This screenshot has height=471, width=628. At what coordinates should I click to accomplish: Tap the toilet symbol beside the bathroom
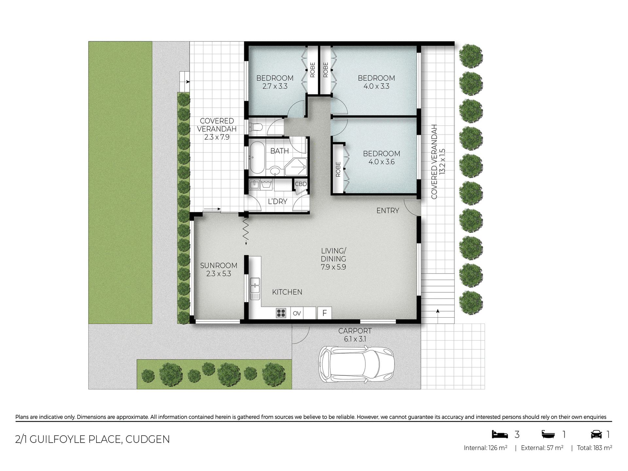tap(256, 127)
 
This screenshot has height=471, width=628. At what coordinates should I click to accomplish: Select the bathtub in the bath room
tap(257, 158)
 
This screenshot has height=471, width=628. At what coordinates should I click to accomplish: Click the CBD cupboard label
tap(301, 184)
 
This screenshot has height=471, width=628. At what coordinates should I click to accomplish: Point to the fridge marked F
tap(325, 313)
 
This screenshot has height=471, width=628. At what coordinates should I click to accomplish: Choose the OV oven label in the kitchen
tap(297, 313)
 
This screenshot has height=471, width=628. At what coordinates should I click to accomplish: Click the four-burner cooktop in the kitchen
tap(281, 313)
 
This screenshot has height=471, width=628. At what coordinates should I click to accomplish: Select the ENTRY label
tap(388, 211)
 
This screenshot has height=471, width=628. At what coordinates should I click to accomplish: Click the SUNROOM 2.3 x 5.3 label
tap(218, 270)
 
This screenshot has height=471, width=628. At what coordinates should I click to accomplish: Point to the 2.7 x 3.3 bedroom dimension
tap(275, 86)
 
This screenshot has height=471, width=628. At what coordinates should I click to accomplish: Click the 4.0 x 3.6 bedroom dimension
tap(381, 162)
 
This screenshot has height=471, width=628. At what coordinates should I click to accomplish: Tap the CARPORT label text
tap(355, 331)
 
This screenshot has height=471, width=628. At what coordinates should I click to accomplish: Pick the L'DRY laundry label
tap(277, 201)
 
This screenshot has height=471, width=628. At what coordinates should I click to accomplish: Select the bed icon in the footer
tap(500, 434)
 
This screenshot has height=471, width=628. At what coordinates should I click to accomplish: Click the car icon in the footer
tap(596, 434)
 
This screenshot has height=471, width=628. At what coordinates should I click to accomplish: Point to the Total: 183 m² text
tap(594, 448)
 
